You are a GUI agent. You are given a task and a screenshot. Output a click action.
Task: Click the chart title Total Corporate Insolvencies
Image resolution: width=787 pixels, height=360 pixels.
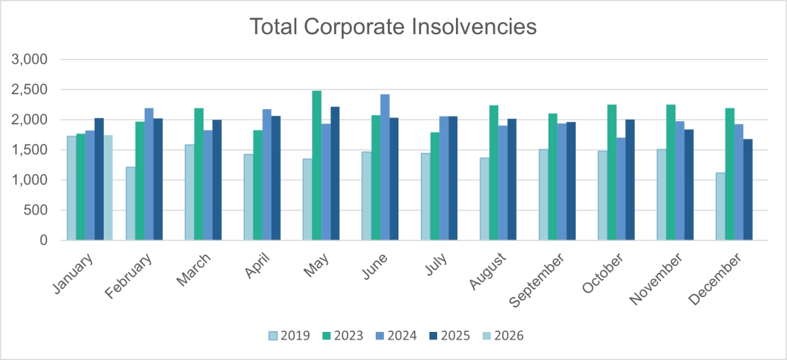point(393,27)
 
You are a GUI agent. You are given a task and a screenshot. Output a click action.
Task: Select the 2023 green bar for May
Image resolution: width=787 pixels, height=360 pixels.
point(317,165)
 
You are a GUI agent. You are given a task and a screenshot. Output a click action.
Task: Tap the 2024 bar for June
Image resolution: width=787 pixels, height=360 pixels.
point(385,167)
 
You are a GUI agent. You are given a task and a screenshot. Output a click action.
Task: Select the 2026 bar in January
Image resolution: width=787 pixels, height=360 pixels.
point(108,187)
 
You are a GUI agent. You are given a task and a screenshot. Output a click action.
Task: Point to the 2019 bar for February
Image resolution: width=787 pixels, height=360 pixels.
point(130,203)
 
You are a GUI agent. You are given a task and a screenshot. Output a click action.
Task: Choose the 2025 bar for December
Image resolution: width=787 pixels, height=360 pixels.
point(748,189)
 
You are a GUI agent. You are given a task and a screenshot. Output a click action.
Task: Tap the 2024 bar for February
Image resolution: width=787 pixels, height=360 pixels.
point(149,174)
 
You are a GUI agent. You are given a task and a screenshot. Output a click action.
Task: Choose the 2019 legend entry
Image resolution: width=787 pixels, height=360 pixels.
point(289,335)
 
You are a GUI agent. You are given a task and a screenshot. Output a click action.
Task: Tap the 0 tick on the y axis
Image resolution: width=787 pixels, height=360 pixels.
point(44,240)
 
